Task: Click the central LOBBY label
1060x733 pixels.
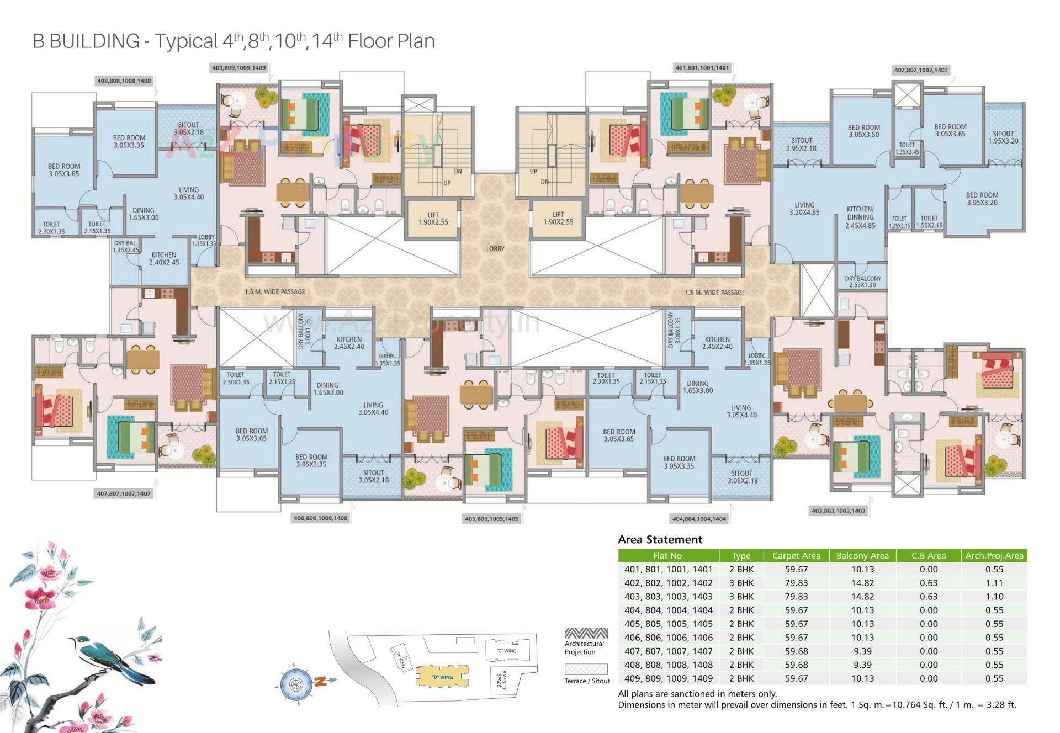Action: [495, 249]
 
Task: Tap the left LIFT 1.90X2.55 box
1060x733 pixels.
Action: [433, 219]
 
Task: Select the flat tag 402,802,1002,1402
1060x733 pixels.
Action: [920, 70]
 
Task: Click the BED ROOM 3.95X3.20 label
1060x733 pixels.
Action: [982, 199]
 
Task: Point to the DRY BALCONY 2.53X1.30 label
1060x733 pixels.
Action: [863, 281]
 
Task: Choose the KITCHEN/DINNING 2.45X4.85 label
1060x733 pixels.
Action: [860, 217]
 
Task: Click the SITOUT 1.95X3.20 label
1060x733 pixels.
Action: [1003, 137]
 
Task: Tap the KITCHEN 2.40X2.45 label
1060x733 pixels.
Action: [164, 259]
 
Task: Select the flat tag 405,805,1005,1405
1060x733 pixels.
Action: [491, 519]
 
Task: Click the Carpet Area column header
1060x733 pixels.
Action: [796, 556]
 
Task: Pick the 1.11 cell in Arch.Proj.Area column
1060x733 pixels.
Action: [994, 583]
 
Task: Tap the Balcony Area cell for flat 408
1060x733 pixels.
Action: [862, 665]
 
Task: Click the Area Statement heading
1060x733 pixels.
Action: [660, 539]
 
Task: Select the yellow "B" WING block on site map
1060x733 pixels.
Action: [442, 677]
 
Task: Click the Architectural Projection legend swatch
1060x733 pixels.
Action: [586, 634]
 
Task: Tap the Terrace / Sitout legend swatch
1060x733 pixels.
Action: [586, 670]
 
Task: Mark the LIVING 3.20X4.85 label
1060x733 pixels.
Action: [804, 208]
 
